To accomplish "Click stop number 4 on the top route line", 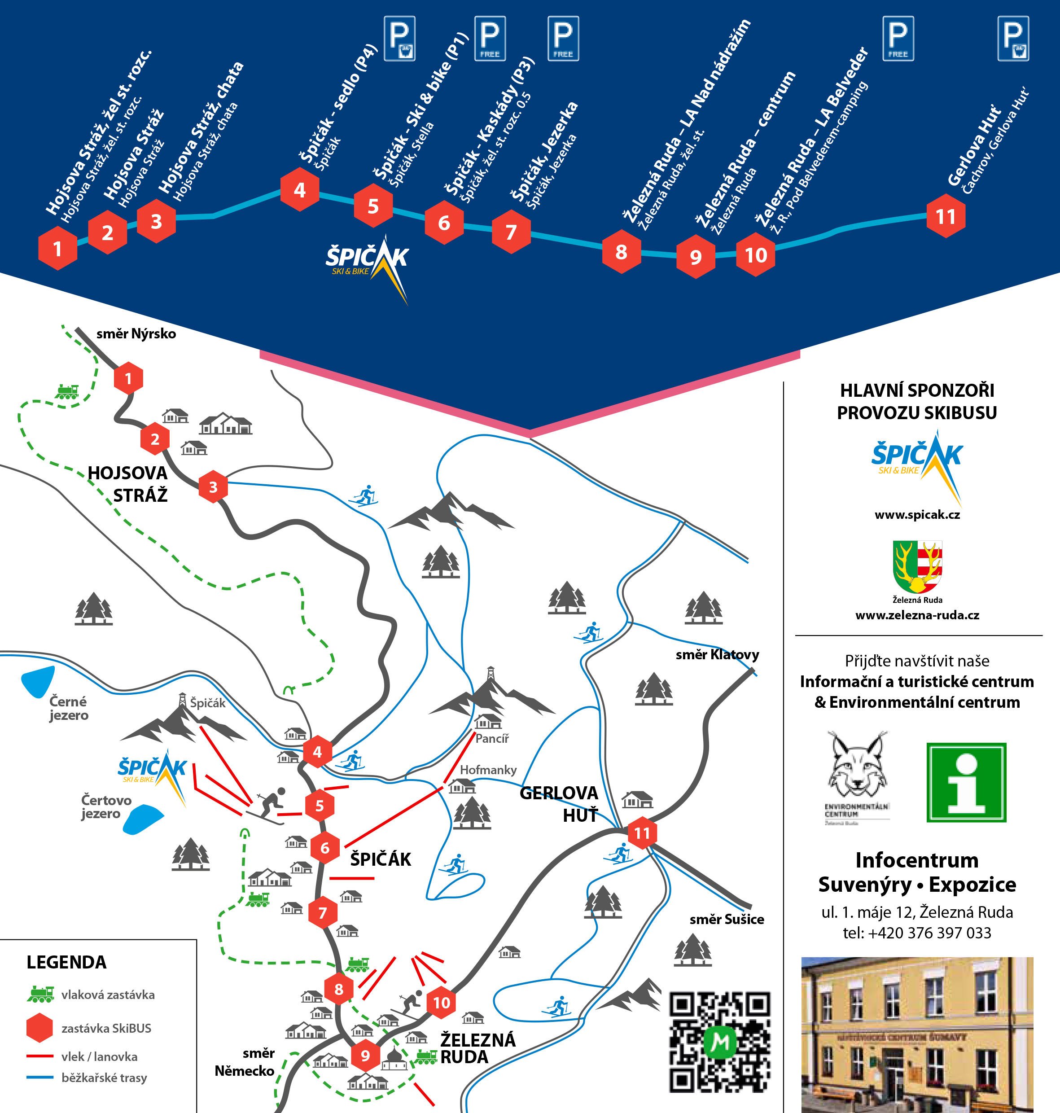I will [x=299, y=190].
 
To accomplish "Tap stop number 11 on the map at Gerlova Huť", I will [x=642, y=833].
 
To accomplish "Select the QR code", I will [x=719, y=1042].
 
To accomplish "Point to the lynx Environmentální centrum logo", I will [x=857, y=777].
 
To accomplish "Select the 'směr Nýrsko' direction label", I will [x=136, y=334].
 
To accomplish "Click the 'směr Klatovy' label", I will [x=717, y=655].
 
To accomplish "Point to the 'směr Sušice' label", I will [x=727, y=919].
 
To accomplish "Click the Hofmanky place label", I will [x=488, y=770].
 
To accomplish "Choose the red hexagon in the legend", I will [x=39, y=1028].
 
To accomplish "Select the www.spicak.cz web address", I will [x=917, y=515].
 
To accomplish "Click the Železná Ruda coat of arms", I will [x=917, y=567].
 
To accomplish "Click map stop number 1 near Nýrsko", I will [x=128, y=378].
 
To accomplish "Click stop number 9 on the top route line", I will [x=696, y=257].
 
